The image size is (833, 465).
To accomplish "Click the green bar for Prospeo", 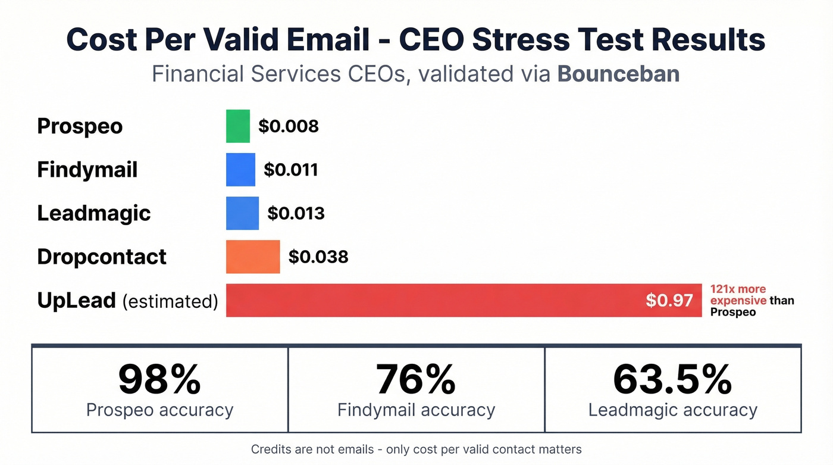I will tap(238, 126).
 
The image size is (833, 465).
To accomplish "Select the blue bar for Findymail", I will tap(240, 170).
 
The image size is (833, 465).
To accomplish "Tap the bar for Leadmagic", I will tap(242, 213).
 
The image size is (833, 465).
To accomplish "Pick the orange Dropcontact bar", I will tap(253, 257).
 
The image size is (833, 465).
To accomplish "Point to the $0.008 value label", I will tap(289, 126).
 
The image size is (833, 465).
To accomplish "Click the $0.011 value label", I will tap(291, 170).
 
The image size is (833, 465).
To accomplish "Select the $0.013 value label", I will tap(296, 213).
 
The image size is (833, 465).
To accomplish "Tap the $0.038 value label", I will tap(318, 257).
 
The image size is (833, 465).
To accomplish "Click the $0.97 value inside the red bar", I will tap(669, 300).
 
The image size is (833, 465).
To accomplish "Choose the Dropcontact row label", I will tap(102, 257).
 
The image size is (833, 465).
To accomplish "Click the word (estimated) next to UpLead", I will tap(170, 301).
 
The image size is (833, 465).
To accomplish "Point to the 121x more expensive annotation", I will tap(751, 300).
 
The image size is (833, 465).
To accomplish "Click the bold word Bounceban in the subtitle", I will tap(619, 74).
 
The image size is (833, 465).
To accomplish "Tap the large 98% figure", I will tap(159, 379).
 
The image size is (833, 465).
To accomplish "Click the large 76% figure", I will tap(416, 379).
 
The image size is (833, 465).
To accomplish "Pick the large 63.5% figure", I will tap(672, 379).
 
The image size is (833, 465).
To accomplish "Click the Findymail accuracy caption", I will tap(416, 410).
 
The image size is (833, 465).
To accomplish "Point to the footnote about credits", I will tap(416, 450).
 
